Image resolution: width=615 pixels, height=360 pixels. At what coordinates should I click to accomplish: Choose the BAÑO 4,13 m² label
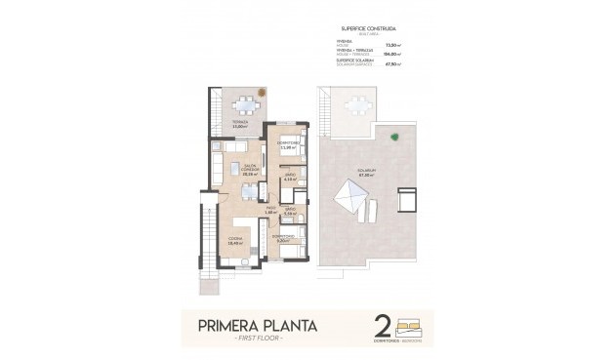tap(289, 179)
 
